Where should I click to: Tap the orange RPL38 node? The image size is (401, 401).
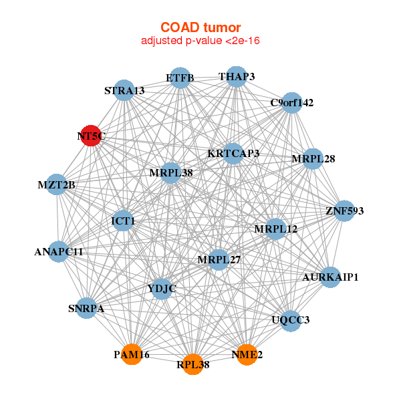tap(192, 364)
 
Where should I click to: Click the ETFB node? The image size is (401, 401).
tap(180, 78)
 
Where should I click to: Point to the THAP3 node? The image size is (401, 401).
tap(237, 77)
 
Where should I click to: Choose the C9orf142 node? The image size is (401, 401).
tap(291, 103)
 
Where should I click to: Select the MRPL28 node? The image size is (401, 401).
tap(313, 159)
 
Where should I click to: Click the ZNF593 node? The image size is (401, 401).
tap(344, 211)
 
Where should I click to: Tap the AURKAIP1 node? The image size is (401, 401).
tap(330, 277)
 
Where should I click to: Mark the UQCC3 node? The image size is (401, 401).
tap(291, 320)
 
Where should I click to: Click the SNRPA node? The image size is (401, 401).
tap(86, 308)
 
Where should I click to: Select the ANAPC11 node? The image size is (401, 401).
tap(59, 252)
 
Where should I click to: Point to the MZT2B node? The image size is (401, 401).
tap(56, 184)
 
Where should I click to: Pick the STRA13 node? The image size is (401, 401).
tap(124, 90)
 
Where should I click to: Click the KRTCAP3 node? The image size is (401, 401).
tap(233, 154)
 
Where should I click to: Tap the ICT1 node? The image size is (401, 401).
tap(124, 220)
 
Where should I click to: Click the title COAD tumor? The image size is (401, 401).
tap(200, 27)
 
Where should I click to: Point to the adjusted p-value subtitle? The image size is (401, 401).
tap(200, 41)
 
